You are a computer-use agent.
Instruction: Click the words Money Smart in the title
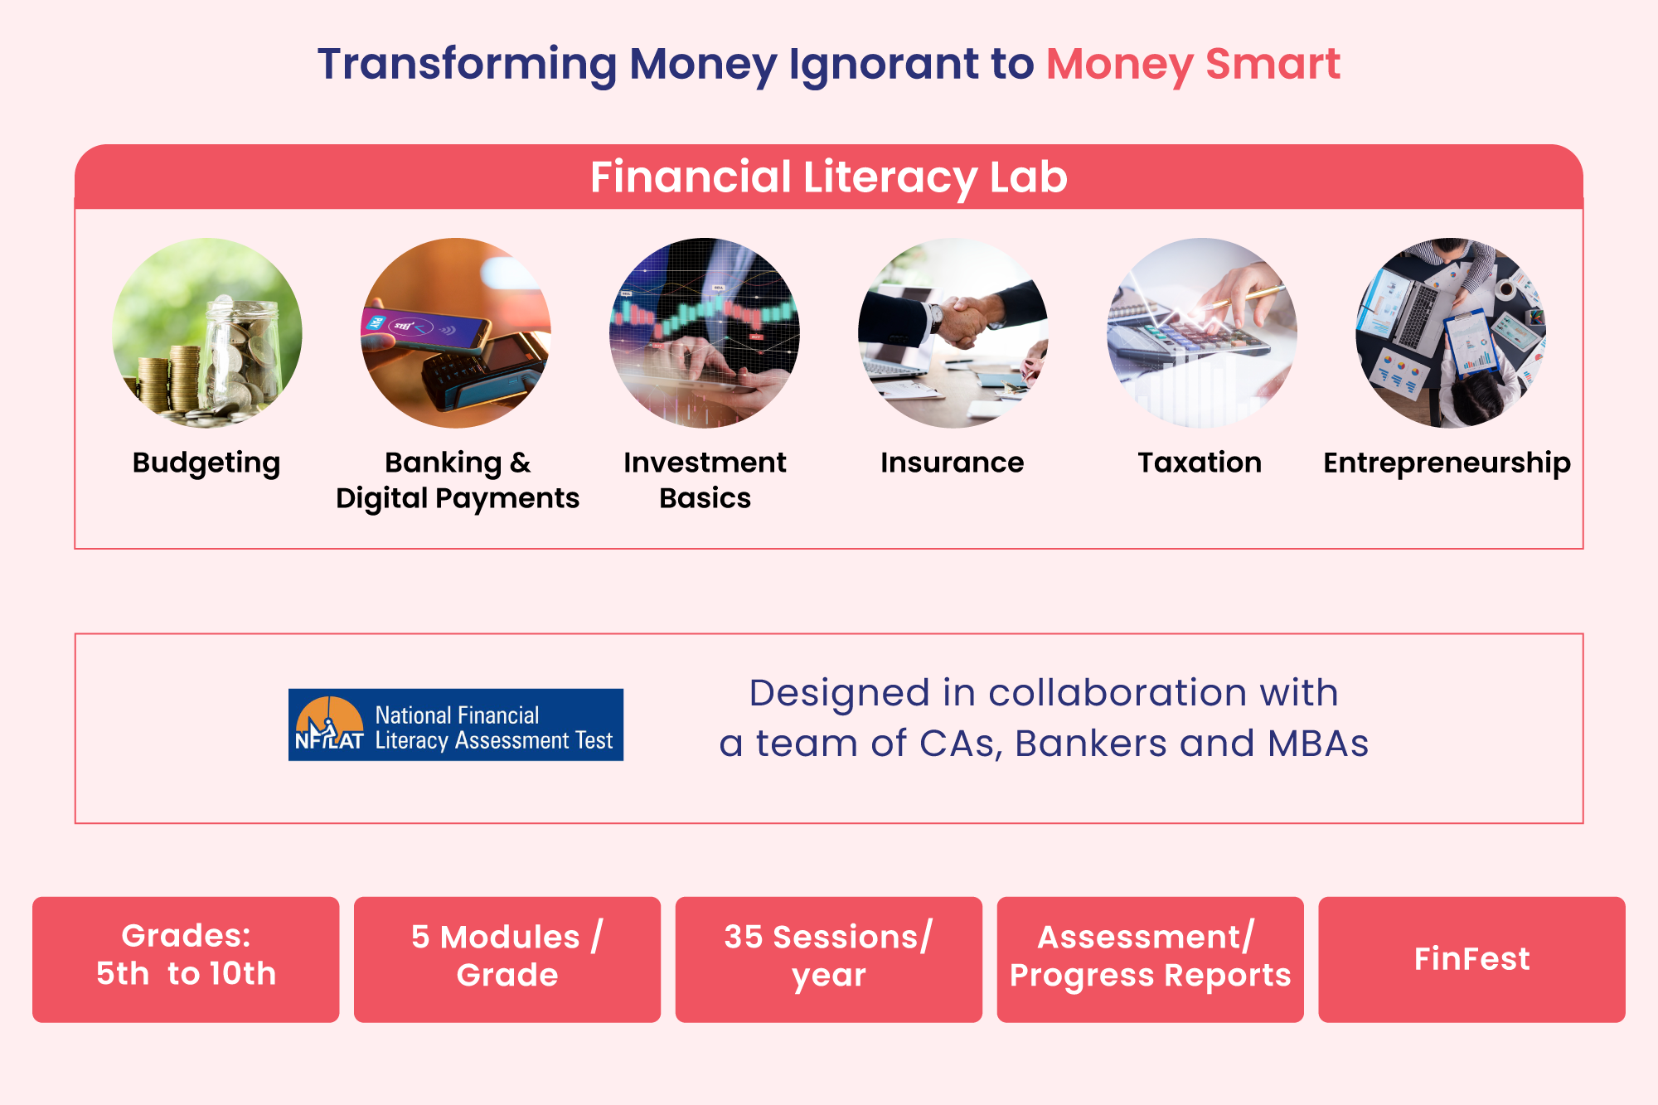1193,65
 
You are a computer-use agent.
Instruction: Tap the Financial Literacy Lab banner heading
829,177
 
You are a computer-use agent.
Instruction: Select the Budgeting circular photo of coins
207,333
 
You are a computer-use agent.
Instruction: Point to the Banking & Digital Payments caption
458,481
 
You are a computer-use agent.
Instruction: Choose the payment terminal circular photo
456,333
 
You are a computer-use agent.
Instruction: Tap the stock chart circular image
705,333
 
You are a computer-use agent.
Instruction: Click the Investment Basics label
705,480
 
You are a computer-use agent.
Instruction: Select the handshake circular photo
953,333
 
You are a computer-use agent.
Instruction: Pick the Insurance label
953,462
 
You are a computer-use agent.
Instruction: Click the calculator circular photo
1202,333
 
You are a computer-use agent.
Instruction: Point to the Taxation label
1200,462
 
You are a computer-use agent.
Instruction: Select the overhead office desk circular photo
1451,333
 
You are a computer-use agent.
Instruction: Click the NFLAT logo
456,725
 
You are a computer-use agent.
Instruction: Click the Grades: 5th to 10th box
186,959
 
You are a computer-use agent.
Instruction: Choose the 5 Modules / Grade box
507,959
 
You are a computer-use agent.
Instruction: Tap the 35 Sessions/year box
829,959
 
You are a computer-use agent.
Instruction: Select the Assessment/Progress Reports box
1151,959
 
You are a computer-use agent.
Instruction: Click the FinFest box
1472,959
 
